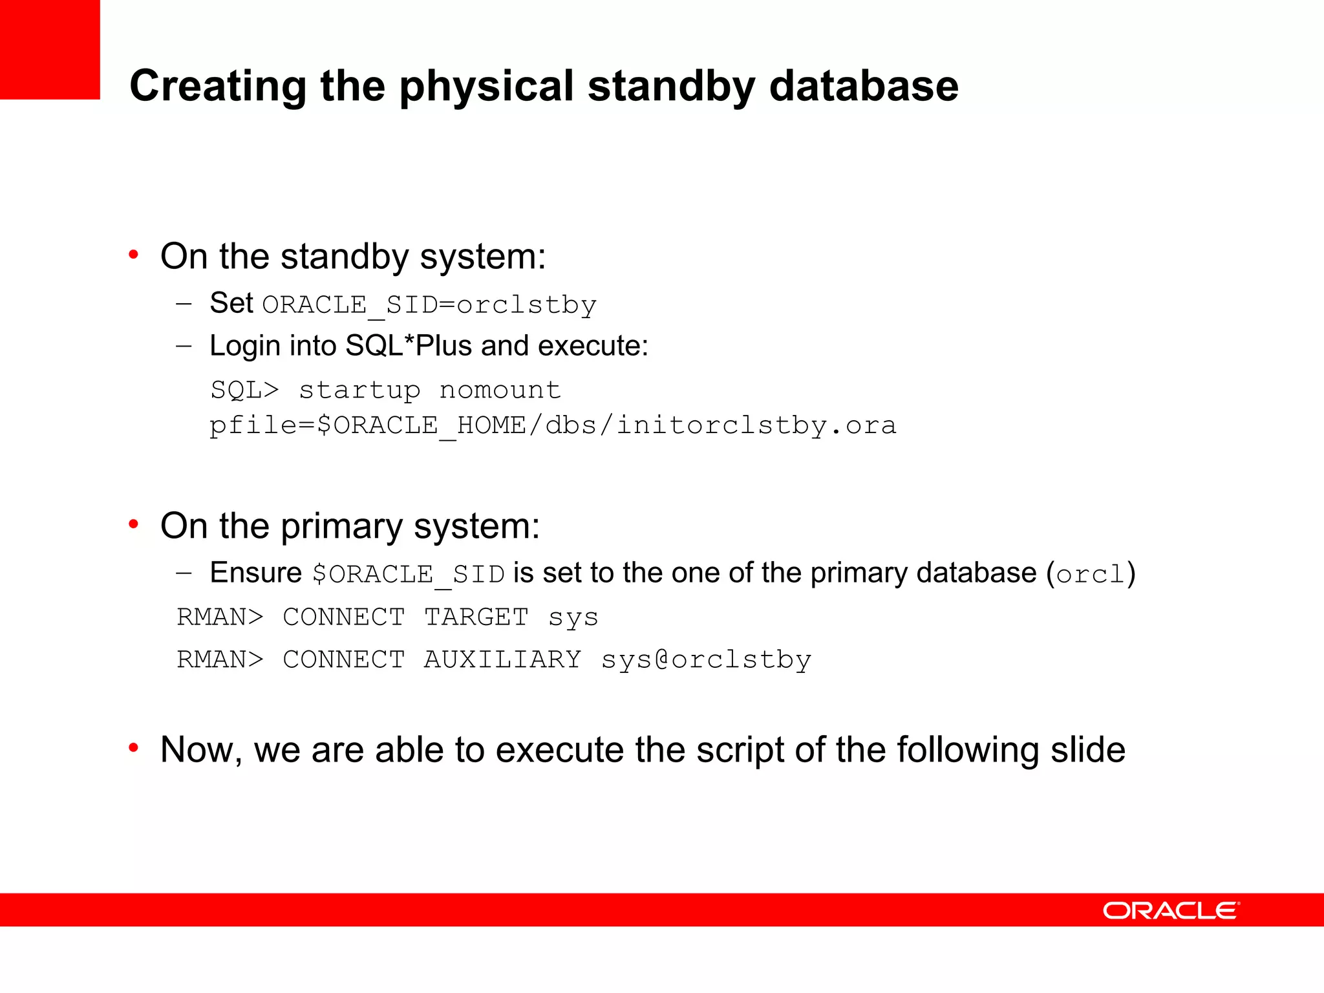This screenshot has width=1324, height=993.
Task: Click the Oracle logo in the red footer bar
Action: coord(1171,911)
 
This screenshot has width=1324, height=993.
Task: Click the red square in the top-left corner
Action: coord(50,49)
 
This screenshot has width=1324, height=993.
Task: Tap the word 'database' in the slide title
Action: coord(864,85)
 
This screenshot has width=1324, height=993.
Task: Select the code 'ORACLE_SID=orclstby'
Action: coord(429,304)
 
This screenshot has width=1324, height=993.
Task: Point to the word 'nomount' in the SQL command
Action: coord(500,390)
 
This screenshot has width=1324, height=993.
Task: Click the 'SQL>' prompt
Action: coord(244,390)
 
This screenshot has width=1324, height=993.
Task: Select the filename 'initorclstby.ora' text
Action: coord(756,425)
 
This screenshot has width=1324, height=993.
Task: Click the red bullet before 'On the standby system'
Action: coord(134,255)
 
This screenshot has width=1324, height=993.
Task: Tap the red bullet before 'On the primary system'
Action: coord(134,524)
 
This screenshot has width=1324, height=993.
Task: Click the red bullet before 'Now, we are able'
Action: coord(134,748)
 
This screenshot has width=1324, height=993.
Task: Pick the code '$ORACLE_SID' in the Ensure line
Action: coord(408,574)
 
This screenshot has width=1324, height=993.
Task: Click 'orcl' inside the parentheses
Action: coord(1091,574)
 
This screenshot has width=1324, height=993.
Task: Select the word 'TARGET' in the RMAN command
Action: coord(476,617)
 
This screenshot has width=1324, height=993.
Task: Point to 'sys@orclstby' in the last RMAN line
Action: coord(706,659)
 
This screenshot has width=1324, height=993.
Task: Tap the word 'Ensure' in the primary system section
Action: coord(256,573)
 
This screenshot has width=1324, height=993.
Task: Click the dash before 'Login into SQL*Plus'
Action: coord(184,346)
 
